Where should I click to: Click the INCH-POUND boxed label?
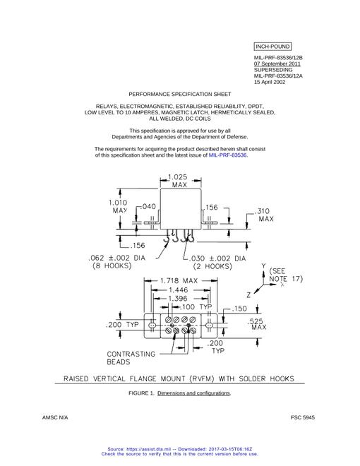(x=272, y=47)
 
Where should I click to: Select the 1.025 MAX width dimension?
(x=178, y=181)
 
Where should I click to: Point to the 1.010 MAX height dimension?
(x=118, y=207)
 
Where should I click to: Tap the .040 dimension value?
(x=148, y=207)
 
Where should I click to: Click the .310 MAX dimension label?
(x=263, y=215)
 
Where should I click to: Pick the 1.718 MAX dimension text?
(x=179, y=280)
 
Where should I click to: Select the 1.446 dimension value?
(x=178, y=289)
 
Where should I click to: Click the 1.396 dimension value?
(x=178, y=299)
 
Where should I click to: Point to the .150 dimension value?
(x=239, y=309)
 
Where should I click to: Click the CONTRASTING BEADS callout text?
(x=131, y=358)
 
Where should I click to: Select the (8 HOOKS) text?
(x=112, y=265)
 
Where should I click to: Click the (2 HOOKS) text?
(x=212, y=266)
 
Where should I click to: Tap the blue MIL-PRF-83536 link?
(x=227, y=155)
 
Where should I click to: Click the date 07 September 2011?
(x=277, y=64)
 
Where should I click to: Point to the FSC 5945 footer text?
(x=303, y=417)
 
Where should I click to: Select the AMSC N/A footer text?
(x=55, y=417)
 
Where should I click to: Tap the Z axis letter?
(x=248, y=295)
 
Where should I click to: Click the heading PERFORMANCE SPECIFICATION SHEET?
(x=180, y=94)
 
